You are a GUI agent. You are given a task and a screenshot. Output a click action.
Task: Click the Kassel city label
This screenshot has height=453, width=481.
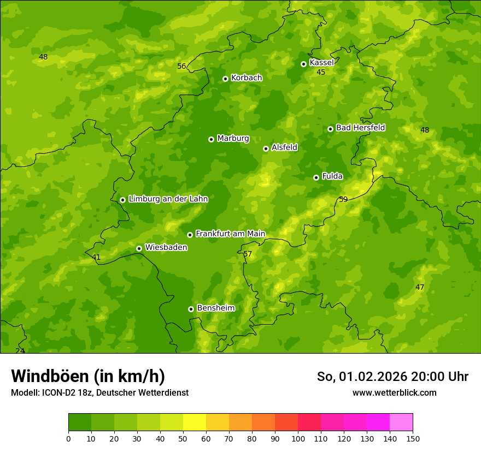click(x=321, y=63)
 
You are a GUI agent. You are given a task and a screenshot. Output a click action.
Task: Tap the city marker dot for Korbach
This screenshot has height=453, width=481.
click(x=225, y=79)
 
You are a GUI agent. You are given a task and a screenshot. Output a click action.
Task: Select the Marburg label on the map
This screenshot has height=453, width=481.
click(x=233, y=139)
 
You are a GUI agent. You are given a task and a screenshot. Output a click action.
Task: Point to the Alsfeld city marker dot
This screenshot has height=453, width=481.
click(x=266, y=148)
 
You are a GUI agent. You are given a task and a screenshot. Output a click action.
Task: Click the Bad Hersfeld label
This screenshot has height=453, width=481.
click(x=360, y=128)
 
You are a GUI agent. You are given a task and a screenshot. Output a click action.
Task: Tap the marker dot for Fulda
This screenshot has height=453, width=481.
click(x=316, y=177)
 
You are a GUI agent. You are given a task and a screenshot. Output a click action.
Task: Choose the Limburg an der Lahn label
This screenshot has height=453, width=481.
click(x=168, y=199)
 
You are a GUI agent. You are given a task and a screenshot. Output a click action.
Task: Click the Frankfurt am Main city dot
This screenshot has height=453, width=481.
click(x=190, y=235)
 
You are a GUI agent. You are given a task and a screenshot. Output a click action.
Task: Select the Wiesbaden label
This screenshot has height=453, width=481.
click(x=166, y=247)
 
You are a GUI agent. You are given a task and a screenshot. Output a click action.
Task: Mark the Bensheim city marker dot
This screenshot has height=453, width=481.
click(x=191, y=309)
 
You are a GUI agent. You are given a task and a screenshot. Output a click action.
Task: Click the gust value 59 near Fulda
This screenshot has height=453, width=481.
click(x=343, y=199)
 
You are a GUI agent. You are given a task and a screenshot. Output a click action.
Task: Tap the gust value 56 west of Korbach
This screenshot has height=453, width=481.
click(x=182, y=67)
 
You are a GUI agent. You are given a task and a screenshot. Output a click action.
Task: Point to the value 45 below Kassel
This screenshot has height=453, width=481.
click(x=321, y=72)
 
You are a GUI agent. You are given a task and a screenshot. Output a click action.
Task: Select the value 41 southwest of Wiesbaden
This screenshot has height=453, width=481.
click(x=96, y=257)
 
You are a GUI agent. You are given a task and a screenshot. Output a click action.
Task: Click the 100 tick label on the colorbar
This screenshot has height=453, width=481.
click(x=298, y=438)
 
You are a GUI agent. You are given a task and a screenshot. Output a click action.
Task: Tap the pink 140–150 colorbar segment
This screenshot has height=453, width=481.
click(x=401, y=422)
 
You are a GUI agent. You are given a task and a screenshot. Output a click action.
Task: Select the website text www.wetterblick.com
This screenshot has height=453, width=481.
click(x=394, y=392)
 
